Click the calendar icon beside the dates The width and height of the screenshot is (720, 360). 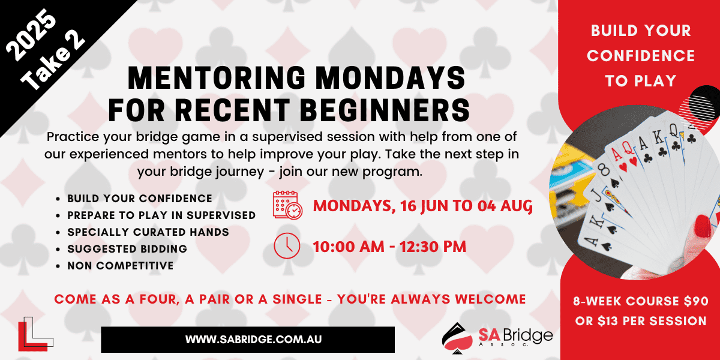pos(287,205)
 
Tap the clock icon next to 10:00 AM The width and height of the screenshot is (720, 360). pos(287,246)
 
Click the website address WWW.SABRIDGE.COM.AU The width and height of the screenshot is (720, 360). pos(253,340)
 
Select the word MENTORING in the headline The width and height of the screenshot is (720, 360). pos(217,78)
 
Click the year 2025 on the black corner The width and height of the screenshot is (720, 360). pos(31,35)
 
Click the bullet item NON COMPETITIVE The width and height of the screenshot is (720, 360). pos(120,265)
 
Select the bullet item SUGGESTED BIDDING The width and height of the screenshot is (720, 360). pos(127,249)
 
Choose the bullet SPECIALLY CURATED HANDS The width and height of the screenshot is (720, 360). pos(148,232)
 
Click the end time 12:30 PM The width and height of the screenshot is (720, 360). pos(433,247)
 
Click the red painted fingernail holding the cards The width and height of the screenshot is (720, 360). pos(703,226)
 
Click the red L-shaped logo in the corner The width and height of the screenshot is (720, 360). pos(33,336)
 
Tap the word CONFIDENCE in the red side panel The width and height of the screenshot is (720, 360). pos(641,56)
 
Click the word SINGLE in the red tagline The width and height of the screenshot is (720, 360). pos(298,299)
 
